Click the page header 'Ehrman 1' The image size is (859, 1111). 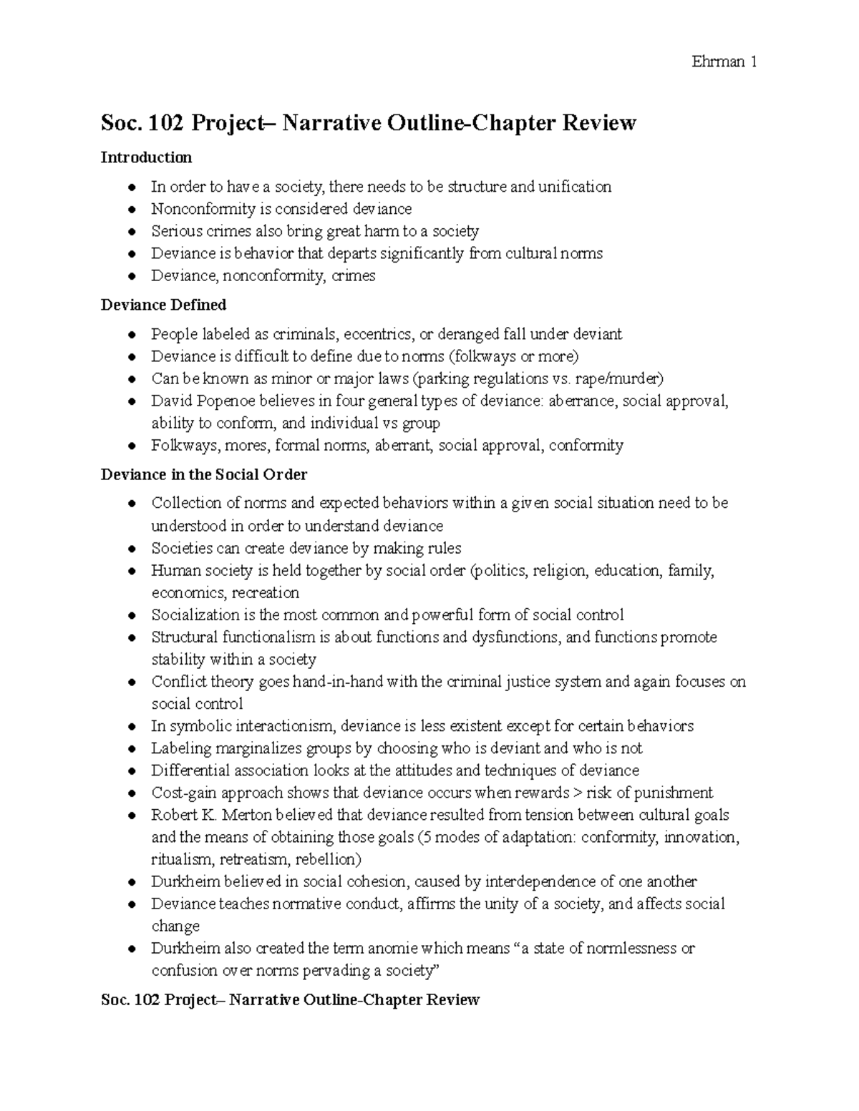pos(724,62)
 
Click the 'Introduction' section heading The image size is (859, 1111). pos(146,157)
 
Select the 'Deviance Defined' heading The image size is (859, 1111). pos(163,305)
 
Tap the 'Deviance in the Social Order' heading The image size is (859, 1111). pos(204,475)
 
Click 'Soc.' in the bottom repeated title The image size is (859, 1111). pos(116,1000)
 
